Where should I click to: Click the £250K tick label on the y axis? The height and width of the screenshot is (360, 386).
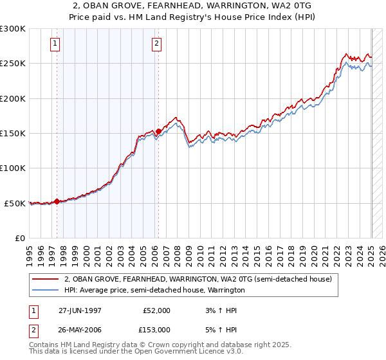(13, 64)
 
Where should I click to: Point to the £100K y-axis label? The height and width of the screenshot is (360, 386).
(13, 168)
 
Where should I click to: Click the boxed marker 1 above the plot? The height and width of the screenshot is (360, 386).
(55, 44)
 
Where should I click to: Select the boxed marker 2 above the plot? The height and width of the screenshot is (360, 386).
(156, 44)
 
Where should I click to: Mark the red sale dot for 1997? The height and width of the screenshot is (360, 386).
(57, 201)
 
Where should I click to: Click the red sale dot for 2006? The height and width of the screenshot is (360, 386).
(158, 131)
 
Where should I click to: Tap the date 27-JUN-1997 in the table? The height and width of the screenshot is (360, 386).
(80, 310)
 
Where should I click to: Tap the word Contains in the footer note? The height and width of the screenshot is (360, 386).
(46, 345)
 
